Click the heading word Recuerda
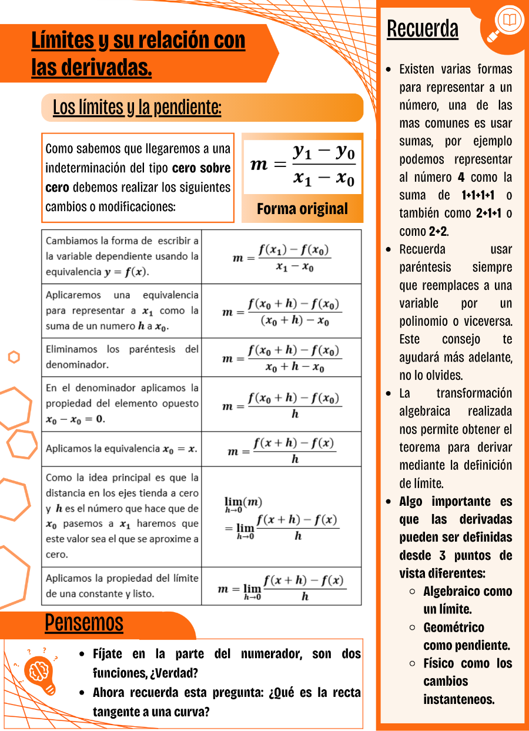coord(423,29)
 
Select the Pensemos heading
coord(84,623)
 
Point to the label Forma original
coord(302,209)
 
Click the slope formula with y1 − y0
coord(303,164)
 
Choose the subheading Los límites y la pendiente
coord(137,108)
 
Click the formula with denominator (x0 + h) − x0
coord(282,311)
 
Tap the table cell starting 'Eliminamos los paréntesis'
coord(122,357)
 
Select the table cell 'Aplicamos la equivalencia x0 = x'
coord(122,449)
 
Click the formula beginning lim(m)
coord(282,518)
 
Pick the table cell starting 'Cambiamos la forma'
coord(122,256)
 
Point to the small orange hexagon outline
coord(14,357)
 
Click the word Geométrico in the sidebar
coord(454,627)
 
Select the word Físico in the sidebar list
coord(439,663)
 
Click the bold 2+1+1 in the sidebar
coord(488,213)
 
